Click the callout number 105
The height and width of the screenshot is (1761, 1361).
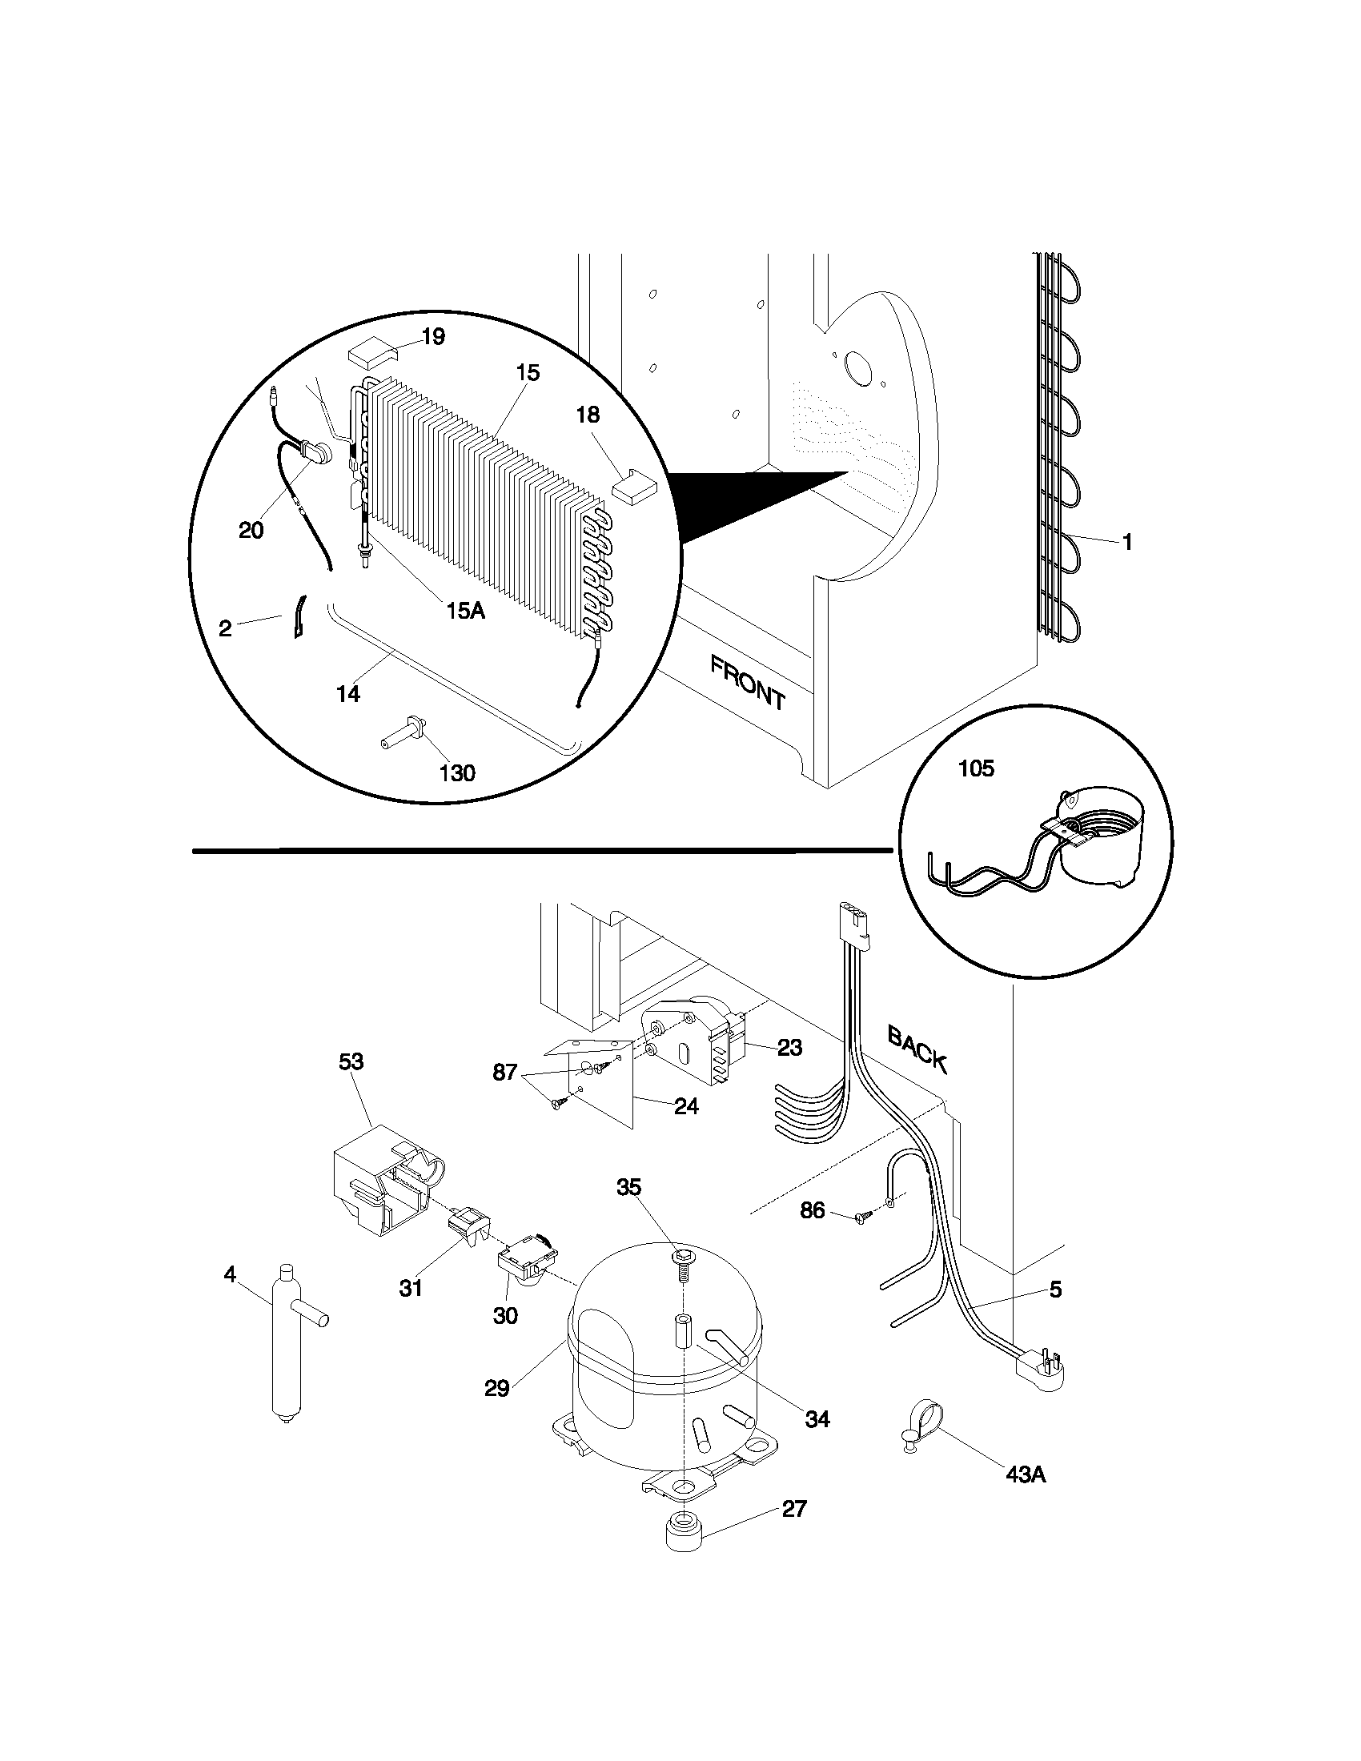976,769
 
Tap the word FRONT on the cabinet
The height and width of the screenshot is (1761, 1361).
748,684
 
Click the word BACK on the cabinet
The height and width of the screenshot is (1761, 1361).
917,1049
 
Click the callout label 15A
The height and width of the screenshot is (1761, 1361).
465,611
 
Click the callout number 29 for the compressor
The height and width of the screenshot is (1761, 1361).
497,1389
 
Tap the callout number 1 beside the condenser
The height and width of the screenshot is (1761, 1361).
1127,543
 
